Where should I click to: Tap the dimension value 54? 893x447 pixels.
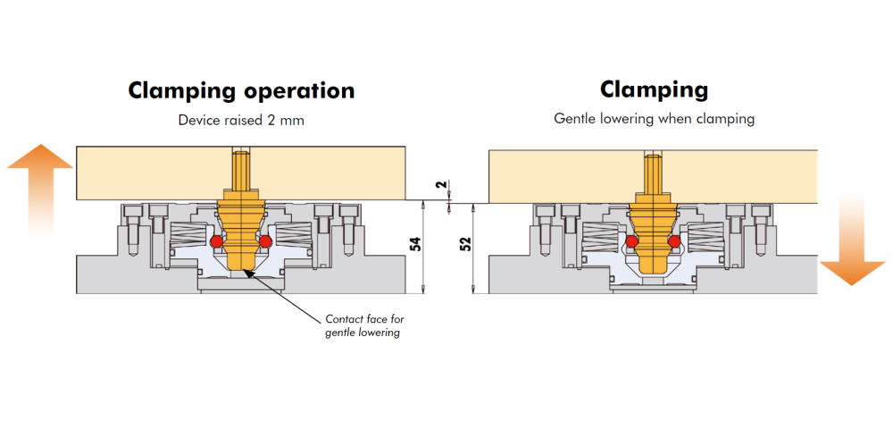pyautogui.click(x=416, y=243)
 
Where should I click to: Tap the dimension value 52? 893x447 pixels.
pyautogui.click(x=465, y=243)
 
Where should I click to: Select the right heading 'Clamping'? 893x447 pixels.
pyautogui.click(x=654, y=89)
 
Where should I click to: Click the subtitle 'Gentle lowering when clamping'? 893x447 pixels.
pyautogui.click(x=654, y=119)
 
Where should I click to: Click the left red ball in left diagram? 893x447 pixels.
pyautogui.click(x=216, y=241)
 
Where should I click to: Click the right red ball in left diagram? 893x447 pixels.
pyautogui.click(x=265, y=241)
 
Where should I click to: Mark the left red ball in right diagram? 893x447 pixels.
pyautogui.click(x=631, y=241)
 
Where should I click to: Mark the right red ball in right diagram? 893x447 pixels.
pyautogui.click(x=675, y=241)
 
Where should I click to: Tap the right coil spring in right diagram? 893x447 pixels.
pyautogui.click(x=706, y=234)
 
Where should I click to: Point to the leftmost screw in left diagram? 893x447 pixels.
pyautogui.click(x=130, y=227)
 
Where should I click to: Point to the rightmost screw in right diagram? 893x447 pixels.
pyautogui.click(x=762, y=227)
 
